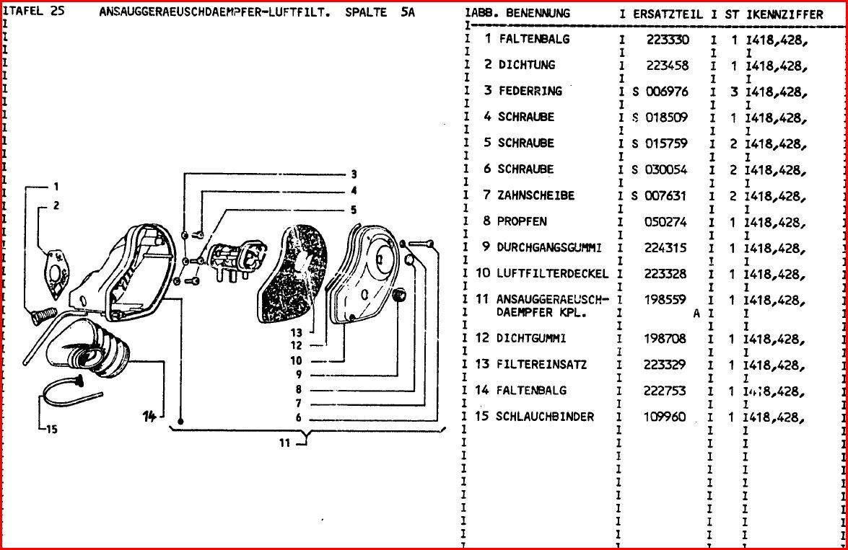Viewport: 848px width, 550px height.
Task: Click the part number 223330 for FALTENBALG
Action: click(667, 39)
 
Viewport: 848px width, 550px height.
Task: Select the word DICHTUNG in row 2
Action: click(527, 65)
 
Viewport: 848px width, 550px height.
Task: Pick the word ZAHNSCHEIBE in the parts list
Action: click(536, 195)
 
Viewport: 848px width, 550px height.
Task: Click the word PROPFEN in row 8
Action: click(522, 221)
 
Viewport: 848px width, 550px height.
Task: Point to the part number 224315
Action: click(667, 247)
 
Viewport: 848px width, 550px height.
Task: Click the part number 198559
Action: click(667, 300)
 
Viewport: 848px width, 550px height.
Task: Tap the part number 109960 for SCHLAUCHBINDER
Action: click(667, 417)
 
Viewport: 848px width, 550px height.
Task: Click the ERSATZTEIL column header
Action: click(668, 14)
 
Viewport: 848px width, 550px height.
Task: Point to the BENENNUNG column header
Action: click(538, 14)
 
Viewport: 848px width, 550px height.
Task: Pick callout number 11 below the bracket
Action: click(286, 443)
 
